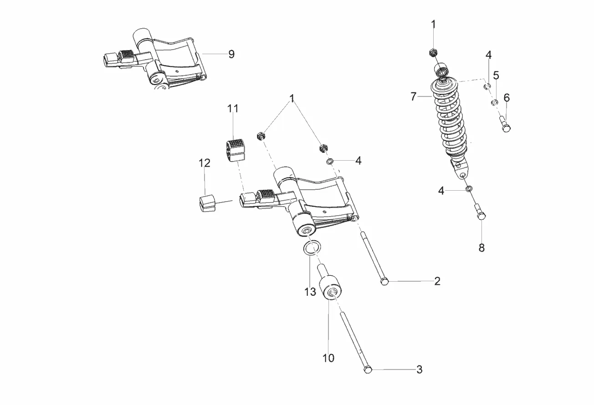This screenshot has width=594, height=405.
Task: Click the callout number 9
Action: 231,54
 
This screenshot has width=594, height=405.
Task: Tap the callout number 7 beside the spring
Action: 414,96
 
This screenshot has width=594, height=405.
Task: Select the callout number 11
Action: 233,109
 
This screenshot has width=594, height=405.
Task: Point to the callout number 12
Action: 205,163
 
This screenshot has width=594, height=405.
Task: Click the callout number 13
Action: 310,292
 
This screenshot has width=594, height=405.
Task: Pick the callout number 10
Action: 328,358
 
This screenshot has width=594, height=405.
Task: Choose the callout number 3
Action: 419,370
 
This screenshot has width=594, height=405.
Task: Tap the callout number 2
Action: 437,281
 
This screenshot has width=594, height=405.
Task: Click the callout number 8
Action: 481,248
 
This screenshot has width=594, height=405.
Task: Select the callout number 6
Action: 507,98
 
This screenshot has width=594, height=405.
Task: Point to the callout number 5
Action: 496,76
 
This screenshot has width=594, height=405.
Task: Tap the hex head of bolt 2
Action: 384,282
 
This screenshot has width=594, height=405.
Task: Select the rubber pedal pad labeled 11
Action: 236,150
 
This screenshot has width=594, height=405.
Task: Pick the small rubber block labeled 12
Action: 207,203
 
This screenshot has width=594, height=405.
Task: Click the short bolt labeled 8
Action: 480,212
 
